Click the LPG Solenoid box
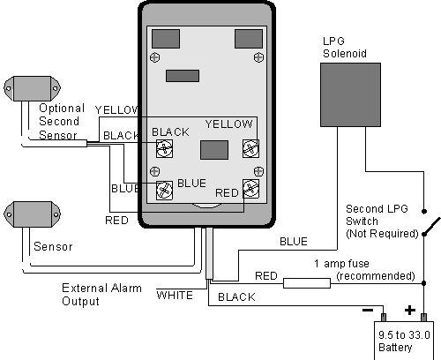[x=350, y=94]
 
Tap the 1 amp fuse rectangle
[x=307, y=283]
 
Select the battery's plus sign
[x=410, y=311]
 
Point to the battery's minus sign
[x=368, y=311]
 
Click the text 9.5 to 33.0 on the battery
[x=404, y=335]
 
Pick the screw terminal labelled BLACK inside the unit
[x=164, y=148]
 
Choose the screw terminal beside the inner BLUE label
[x=164, y=191]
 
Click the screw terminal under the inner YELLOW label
[x=250, y=148]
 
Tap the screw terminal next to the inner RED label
[x=250, y=188]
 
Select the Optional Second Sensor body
[x=32, y=88]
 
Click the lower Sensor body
[x=32, y=214]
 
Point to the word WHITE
[x=175, y=295]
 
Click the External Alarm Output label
[x=101, y=295]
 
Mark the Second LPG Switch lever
[x=432, y=226]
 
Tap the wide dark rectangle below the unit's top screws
[x=183, y=76]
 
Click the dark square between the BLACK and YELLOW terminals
[x=214, y=150]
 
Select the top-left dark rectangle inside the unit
[x=166, y=39]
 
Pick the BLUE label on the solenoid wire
[x=294, y=242]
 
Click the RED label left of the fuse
[x=266, y=276]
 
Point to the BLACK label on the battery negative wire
[x=236, y=297]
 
